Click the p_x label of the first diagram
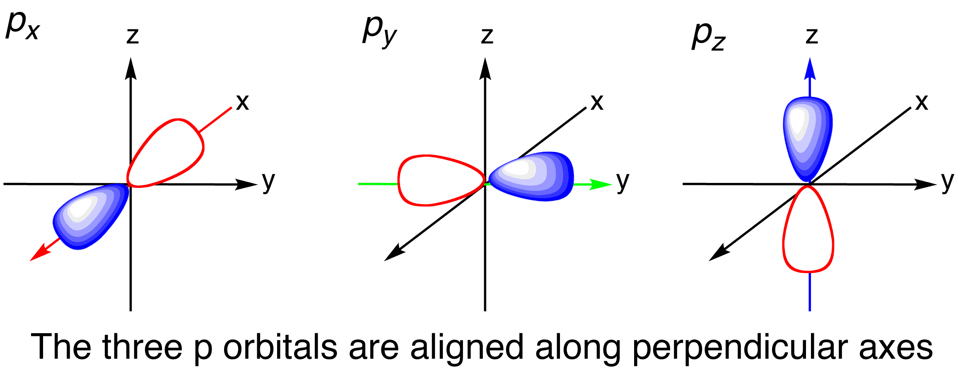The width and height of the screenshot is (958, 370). tap(23, 26)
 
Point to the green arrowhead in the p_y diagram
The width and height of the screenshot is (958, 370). tap(600, 184)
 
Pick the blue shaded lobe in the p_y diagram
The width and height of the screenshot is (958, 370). tap(531, 176)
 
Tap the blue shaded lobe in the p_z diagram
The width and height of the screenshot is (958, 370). tap(808, 139)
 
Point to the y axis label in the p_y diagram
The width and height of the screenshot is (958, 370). tap(623, 182)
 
